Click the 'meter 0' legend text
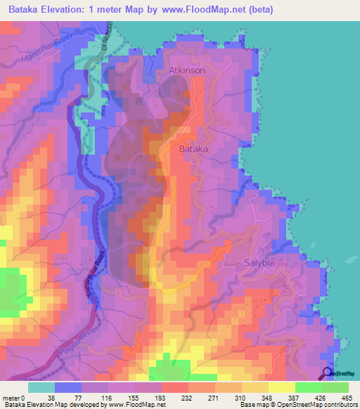click(x=13, y=397)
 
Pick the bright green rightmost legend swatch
click(x=335, y=387)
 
